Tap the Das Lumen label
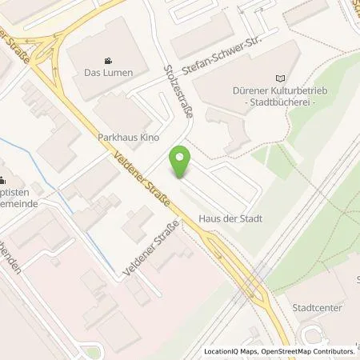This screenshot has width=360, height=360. [x=108, y=72]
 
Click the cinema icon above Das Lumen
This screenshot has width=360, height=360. [x=108, y=60]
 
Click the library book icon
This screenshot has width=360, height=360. [x=279, y=78]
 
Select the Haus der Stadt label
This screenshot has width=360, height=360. [x=231, y=218]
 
